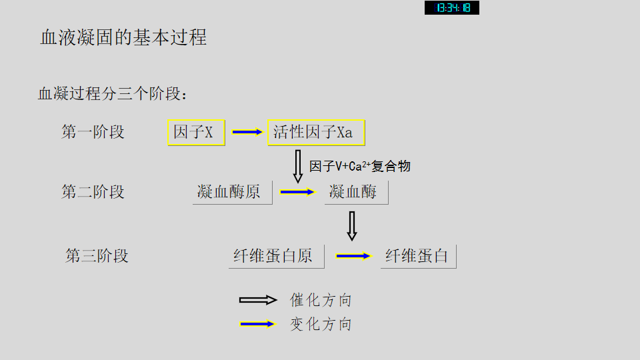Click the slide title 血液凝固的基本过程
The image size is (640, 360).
[123, 37]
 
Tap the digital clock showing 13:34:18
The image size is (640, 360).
[452, 8]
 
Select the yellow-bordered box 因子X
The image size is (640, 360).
[196, 132]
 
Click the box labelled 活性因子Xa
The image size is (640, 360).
[316, 132]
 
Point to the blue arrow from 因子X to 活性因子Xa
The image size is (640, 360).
[247, 132]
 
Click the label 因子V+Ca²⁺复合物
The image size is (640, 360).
[360, 166]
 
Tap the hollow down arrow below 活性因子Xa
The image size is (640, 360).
[298, 166]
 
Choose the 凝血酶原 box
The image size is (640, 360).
[232, 192]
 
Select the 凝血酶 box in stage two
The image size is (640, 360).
[356, 192]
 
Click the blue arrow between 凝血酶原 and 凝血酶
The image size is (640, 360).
[297, 192]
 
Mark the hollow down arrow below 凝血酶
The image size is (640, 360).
[352, 226]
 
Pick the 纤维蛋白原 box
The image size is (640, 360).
[276, 256]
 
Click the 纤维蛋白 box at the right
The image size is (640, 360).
[418, 256]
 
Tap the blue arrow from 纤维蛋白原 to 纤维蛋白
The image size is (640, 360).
[353, 256]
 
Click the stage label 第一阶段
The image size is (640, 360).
[93, 132]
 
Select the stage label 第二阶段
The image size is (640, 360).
[93, 192]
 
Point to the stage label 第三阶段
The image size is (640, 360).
[97, 256]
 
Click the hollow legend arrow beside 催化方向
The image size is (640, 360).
[258, 300]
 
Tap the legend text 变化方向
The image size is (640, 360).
[321, 324]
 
